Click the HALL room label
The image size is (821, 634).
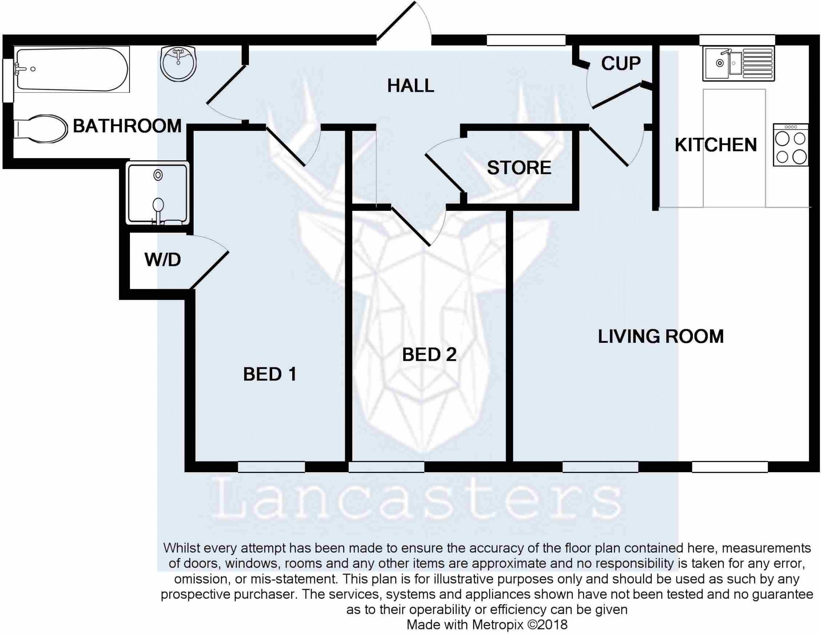410,86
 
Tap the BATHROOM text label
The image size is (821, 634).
127,126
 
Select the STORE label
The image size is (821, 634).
519,168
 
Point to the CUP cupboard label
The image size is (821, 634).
621,64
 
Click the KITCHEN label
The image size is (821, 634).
716,145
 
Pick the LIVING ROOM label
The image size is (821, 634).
661,336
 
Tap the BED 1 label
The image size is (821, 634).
270,374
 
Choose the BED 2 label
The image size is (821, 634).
429,355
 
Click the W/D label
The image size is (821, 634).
163,260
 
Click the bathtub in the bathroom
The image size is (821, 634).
72,69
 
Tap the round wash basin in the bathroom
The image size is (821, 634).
178,64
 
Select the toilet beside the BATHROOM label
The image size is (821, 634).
40,129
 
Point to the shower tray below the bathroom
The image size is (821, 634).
158,193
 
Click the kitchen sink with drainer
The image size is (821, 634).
738,63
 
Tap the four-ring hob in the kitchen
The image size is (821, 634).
791,145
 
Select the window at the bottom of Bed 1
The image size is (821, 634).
271,467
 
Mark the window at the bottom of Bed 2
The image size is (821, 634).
386,467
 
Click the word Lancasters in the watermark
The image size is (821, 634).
417,498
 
